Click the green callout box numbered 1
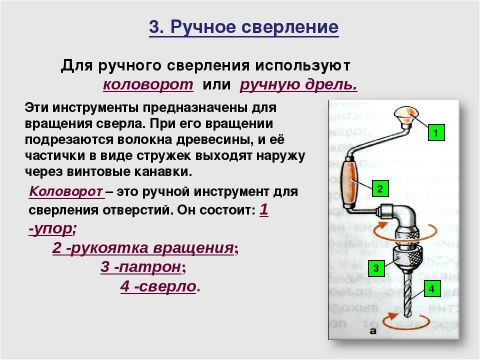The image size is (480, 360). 436,132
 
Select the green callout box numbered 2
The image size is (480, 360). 380,188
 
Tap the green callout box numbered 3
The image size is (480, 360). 376,268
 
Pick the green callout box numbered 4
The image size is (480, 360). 432,288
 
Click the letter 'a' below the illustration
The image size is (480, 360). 373,331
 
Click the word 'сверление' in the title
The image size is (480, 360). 290,26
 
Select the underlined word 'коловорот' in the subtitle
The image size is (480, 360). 148,84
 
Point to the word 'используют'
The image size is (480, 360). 303,66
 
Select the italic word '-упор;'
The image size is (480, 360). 52,228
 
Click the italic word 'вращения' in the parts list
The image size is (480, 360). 193,247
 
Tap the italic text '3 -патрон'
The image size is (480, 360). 140,267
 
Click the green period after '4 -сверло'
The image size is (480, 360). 198,290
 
